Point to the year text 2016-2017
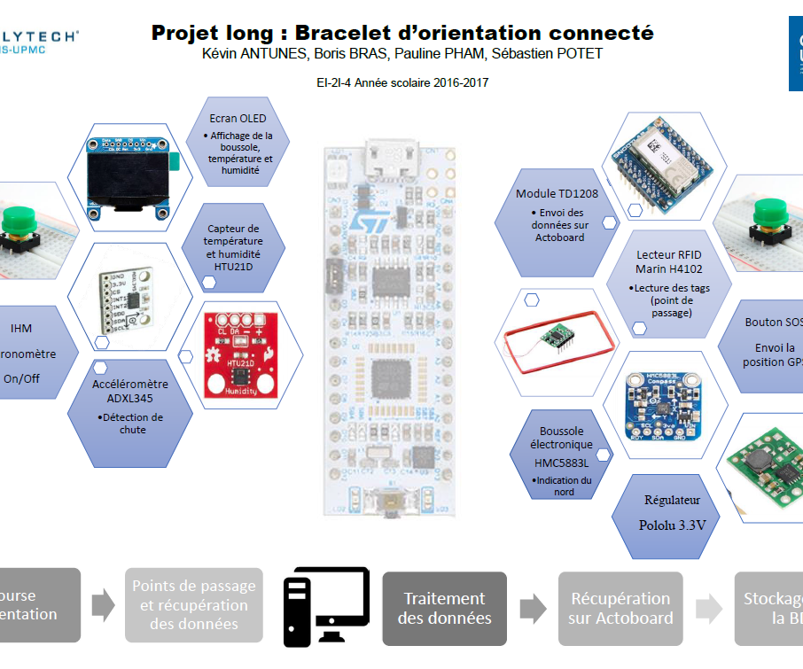453,82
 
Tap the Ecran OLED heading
238,118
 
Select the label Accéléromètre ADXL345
130,392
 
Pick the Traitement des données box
444,608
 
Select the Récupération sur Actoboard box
620,608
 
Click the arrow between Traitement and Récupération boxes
532,608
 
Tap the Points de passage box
193,605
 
